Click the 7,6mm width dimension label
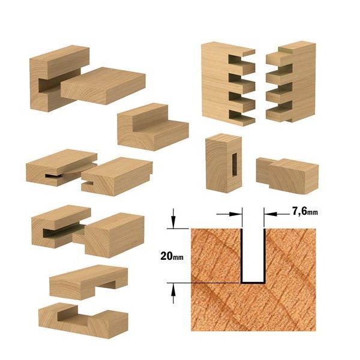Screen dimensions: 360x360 (305, 211)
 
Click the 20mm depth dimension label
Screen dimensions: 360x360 (172, 256)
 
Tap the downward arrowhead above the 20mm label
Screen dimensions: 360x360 (173, 221)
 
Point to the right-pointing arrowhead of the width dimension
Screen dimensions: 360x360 (236, 214)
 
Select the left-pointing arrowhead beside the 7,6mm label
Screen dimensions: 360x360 (271, 214)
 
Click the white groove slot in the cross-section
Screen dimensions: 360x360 (253, 255)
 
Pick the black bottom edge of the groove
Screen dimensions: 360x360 (253, 282)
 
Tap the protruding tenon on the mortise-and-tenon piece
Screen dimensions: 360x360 (263, 170)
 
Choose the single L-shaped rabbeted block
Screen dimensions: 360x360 (153, 127)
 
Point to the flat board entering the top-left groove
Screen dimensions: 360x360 (103, 85)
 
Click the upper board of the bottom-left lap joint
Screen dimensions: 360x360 (89, 282)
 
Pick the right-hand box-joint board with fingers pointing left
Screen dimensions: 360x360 (291, 82)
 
